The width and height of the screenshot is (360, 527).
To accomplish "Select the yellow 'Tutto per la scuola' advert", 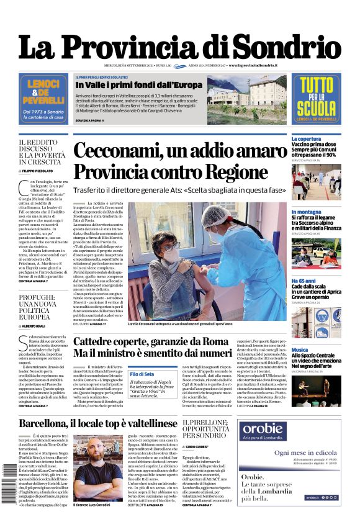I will (316, 98).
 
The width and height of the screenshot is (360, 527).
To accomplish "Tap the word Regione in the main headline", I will (229, 171).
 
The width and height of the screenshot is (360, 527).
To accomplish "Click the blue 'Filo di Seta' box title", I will (142, 374).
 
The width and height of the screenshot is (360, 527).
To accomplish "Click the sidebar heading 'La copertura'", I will (306, 139).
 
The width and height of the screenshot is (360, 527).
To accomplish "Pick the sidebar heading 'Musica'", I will (300, 350).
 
